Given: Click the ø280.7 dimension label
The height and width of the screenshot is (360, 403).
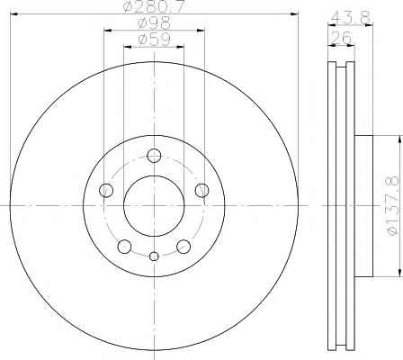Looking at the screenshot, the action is click(x=154, y=6).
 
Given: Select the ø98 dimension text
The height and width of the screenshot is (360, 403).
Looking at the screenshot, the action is click(x=154, y=23).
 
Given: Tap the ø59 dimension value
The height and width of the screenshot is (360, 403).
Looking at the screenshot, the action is click(x=154, y=40).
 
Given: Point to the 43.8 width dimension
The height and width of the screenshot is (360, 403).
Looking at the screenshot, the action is click(x=350, y=18).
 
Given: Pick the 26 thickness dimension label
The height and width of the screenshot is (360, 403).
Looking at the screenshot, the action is click(x=341, y=38).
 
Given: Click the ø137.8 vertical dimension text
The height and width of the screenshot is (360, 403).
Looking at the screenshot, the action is click(x=393, y=205).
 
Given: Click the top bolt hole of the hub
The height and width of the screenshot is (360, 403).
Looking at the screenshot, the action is click(x=154, y=156).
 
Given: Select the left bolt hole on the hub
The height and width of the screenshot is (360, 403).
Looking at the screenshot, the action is click(x=106, y=190).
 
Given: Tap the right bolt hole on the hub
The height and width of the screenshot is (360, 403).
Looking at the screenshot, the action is click(x=201, y=190).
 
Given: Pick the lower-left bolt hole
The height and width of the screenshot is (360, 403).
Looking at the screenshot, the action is click(x=124, y=247).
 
